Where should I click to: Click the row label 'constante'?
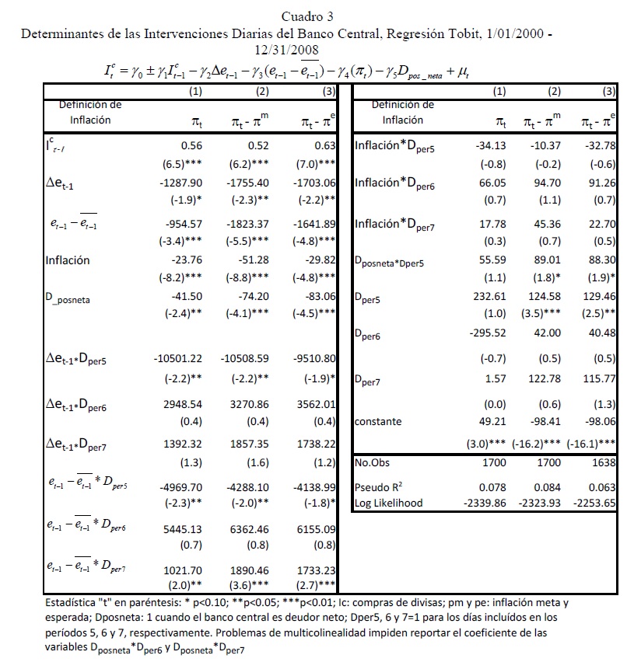(x=377, y=422)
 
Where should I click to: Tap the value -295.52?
(x=485, y=333)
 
